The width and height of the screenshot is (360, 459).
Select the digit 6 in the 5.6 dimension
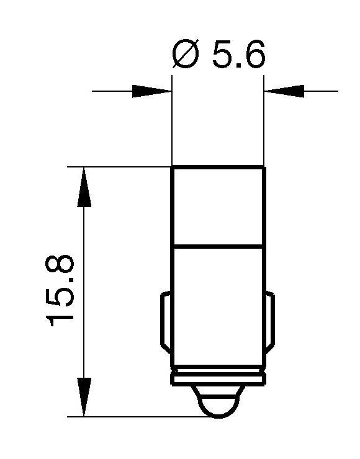(253, 56)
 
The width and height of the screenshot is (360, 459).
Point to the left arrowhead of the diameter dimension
(153, 91)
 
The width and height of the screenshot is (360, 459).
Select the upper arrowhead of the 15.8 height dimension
(84, 186)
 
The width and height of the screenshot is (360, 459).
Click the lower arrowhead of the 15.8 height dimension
(84, 397)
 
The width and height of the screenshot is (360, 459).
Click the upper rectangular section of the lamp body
(218, 206)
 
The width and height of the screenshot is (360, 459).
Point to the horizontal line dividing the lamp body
(218, 247)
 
